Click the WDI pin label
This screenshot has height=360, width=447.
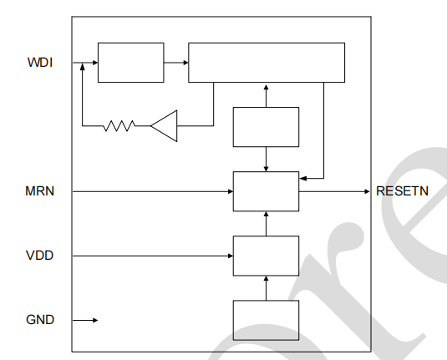(x=40, y=63)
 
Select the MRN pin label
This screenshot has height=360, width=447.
(x=39, y=191)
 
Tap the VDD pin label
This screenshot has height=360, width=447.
(x=39, y=256)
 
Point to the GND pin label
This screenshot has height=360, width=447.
(x=40, y=320)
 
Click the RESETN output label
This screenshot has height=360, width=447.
(x=402, y=191)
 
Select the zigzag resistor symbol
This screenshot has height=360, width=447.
(x=119, y=125)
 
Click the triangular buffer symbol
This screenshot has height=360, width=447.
(x=164, y=125)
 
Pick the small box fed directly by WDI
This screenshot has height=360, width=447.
(x=131, y=63)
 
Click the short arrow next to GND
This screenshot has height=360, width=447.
(x=85, y=321)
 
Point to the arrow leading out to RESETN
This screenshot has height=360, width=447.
(x=334, y=191)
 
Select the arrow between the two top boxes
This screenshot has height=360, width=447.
(x=176, y=63)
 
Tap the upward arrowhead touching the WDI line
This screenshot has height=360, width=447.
(x=83, y=67)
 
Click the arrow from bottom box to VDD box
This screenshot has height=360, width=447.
(x=266, y=288)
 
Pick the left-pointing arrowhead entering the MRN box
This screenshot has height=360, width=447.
(x=303, y=179)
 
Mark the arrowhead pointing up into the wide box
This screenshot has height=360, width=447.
(x=266, y=88)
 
